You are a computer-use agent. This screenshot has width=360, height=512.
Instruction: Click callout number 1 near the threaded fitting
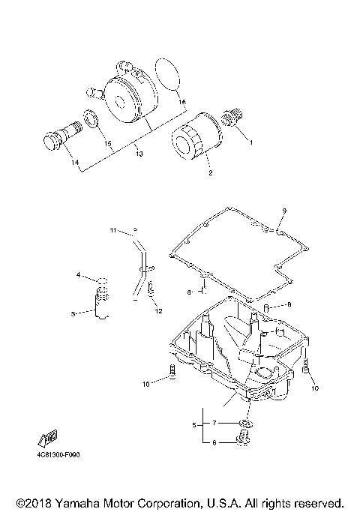(x=251, y=142)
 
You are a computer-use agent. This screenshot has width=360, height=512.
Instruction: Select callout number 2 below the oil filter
(x=211, y=172)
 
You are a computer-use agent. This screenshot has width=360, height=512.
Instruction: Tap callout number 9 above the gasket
(x=284, y=211)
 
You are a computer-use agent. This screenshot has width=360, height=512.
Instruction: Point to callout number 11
(x=113, y=230)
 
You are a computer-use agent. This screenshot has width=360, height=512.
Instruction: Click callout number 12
(x=158, y=311)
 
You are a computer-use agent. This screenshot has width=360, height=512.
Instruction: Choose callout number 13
(x=139, y=153)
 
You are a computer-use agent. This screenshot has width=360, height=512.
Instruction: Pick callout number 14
(x=75, y=162)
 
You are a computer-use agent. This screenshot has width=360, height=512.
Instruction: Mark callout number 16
(x=182, y=102)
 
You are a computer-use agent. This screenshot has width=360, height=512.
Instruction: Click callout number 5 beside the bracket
(x=194, y=425)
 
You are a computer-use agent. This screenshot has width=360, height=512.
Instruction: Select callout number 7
(x=214, y=423)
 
